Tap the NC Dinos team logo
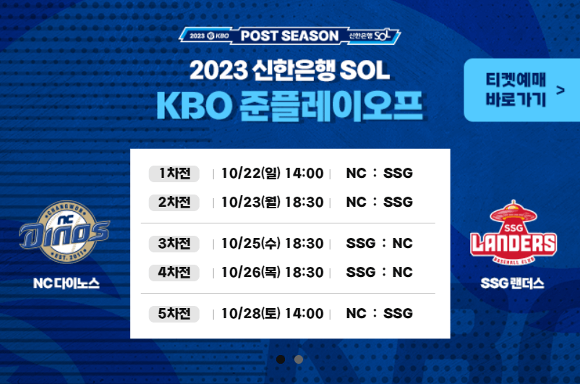click(x=65, y=229)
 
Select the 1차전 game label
click(x=174, y=174)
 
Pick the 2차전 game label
click(x=174, y=202)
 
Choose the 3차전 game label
click(x=174, y=244)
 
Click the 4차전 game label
click(x=174, y=273)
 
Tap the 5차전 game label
click(x=174, y=314)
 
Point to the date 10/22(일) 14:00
click(x=273, y=174)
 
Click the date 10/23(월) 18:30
click(x=273, y=202)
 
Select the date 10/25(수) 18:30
click(x=273, y=244)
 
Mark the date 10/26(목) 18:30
click(x=273, y=273)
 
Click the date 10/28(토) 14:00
click(x=273, y=314)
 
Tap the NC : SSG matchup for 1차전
click(x=379, y=174)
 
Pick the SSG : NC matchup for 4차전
click(x=379, y=273)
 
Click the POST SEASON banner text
click(x=289, y=35)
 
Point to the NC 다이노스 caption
click(x=66, y=283)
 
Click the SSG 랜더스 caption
click(x=513, y=283)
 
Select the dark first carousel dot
click(x=281, y=359)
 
